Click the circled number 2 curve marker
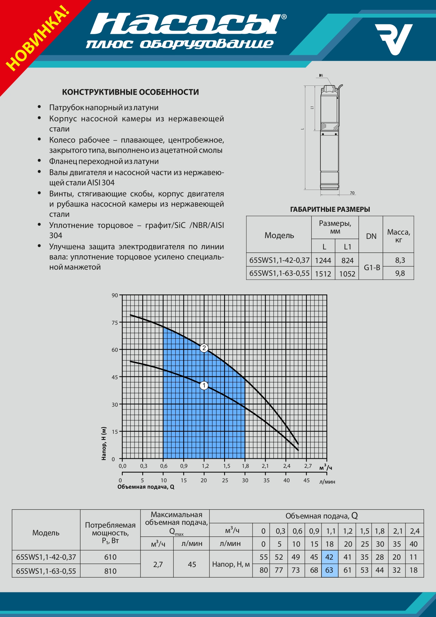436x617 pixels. pyautogui.click(x=204, y=348)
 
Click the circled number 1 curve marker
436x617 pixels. pyautogui.click(x=204, y=386)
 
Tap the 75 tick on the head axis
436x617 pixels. pyautogui.click(x=115, y=323)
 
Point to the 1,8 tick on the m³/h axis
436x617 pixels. pyautogui.click(x=245, y=466)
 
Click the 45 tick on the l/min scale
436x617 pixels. pyautogui.click(x=306, y=480)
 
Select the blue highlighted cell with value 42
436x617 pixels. pyautogui.click(x=330, y=557)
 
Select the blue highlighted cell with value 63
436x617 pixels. pyautogui.click(x=330, y=570)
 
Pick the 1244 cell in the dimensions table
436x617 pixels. pyautogui.click(x=323, y=260)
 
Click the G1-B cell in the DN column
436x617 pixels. pyautogui.click(x=372, y=267)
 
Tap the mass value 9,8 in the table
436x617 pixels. pyautogui.click(x=400, y=273)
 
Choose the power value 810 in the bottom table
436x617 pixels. pyautogui.click(x=110, y=571)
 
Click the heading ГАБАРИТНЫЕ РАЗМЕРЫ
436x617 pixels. pyautogui.click(x=330, y=209)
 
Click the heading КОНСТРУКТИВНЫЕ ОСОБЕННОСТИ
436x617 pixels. pyautogui.click(x=130, y=92)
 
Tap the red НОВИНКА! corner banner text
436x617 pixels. pyautogui.click(x=37, y=38)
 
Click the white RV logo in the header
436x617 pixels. pyautogui.click(x=393, y=39)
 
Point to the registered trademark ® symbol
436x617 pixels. pyautogui.click(x=284, y=17)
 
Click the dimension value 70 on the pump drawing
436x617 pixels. pyautogui.click(x=352, y=193)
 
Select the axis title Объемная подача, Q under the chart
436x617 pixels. pyautogui.click(x=146, y=487)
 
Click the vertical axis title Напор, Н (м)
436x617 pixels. pyautogui.click(x=104, y=443)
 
